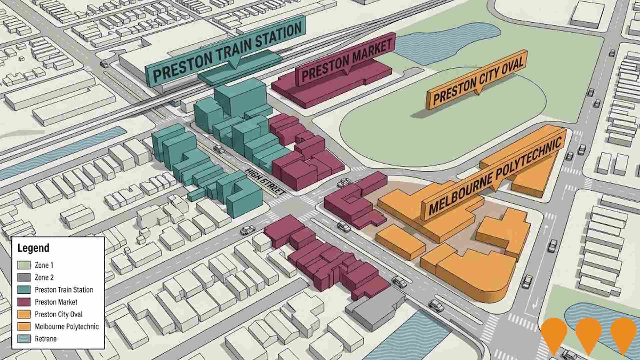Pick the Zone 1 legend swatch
pos(24,265)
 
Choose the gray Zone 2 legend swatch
pos(24,277)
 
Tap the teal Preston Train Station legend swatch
pos(24,290)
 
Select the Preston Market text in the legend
pos(56,302)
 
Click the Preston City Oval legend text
pos(58,314)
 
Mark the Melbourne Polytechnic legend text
pos(67,326)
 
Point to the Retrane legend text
pos(46,339)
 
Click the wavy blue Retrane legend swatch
pos(24,339)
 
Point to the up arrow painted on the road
pos(546,229)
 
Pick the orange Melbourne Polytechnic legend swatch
pos(24,326)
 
